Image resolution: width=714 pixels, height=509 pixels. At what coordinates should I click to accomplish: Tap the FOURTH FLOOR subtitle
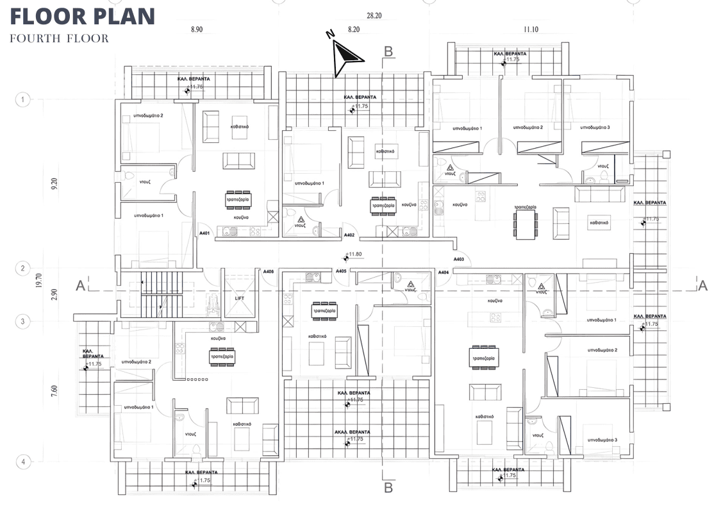coord(59,38)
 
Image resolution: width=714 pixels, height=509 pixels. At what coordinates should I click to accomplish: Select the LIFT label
coord(240,298)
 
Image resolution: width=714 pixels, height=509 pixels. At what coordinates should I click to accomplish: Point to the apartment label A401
coord(205,233)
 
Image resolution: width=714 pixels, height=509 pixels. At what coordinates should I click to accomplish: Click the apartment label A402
coord(349,235)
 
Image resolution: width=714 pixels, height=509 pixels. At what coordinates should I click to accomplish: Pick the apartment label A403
coord(459,259)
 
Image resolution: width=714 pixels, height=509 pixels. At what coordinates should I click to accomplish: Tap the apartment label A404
coord(444,272)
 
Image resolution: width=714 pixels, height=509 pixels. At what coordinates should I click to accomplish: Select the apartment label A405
coord(341,271)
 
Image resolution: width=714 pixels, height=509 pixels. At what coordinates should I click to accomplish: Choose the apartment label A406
coord(269,272)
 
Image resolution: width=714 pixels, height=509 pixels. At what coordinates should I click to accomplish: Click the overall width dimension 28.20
coord(374,15)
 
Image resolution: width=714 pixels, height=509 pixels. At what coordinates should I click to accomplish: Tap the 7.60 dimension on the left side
coord(54,391)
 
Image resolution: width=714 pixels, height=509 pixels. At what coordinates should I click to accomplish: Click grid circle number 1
coord(23,99)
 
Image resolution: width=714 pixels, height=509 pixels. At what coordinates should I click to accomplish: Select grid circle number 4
coord(23,462)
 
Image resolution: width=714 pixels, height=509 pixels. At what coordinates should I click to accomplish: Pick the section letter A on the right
coord(702,285)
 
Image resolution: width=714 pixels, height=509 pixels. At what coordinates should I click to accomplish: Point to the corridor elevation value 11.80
coord(354,254)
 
